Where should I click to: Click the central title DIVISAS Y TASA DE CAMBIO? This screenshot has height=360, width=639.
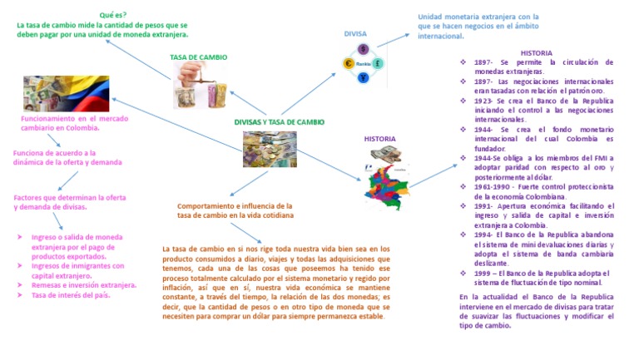point(279,121)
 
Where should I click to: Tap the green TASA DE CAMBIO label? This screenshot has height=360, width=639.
point(198,57)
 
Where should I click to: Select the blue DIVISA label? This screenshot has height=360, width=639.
point(355,34)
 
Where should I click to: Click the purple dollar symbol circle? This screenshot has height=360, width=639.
point(364,49)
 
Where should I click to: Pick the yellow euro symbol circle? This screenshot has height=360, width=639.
point(349,63)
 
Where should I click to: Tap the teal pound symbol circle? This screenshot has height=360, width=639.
point(378,63)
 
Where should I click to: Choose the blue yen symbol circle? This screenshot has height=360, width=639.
point(364,77)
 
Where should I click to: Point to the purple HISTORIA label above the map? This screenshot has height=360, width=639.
point(379,139)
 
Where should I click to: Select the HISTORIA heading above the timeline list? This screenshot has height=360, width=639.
point(537,52)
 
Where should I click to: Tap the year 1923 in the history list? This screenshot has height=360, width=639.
point(484,101)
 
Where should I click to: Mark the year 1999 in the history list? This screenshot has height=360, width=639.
point(485,273)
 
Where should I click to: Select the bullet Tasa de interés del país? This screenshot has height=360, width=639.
point(71,294)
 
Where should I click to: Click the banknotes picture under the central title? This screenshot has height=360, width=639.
point(270,150)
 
